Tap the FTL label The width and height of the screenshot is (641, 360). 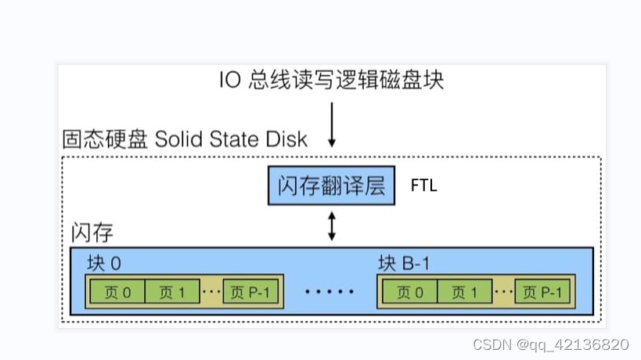[x=424, y=186]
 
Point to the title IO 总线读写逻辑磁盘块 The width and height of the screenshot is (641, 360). [x=332, y=81]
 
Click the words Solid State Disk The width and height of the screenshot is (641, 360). [x=231, y=139]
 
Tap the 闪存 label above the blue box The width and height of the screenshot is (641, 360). [x=92, y=232]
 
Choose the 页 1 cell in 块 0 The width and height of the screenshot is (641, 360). [x=171, y=292]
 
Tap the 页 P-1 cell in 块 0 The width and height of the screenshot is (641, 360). [x=250, y=292]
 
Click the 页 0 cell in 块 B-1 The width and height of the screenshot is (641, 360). [x=409, y=292]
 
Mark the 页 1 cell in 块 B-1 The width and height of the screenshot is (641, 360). [x=465, y=292]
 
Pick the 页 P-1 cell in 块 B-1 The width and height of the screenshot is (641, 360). [x=543, y=292]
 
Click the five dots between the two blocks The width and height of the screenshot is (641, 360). [x=330, y=293]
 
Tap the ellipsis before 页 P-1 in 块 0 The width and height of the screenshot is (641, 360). [x=211, y=293]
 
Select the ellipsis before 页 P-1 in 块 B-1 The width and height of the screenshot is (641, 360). [x=504, y=293]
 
